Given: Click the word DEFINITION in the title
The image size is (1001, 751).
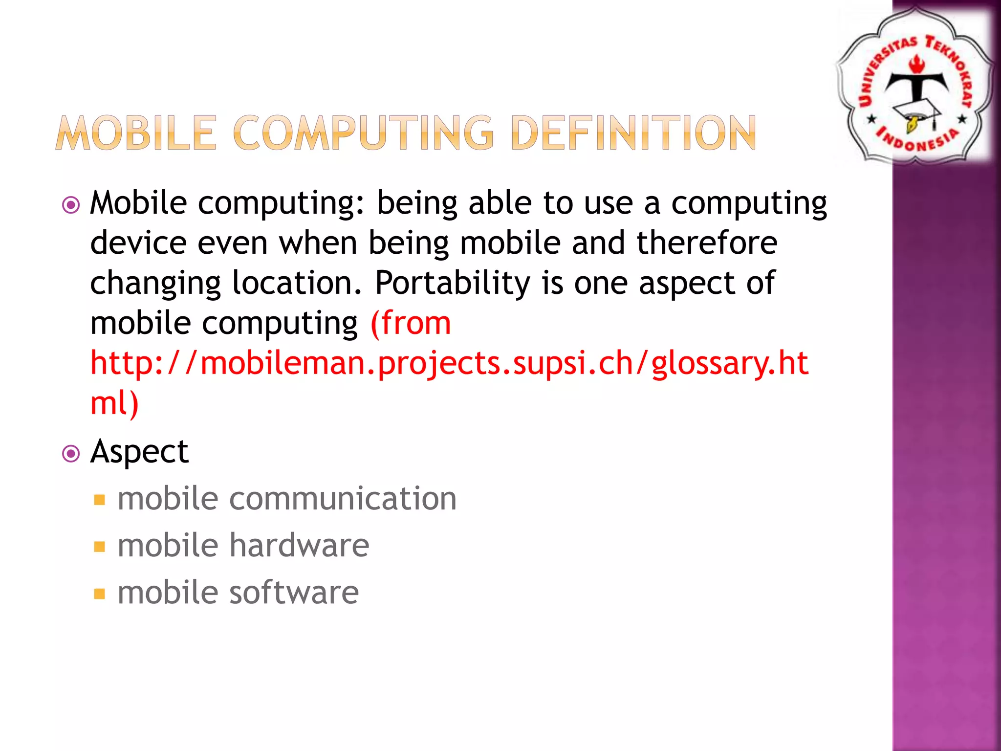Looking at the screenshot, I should (x=634, y=133).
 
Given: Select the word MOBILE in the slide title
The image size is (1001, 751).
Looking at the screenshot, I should (x=136, y=133).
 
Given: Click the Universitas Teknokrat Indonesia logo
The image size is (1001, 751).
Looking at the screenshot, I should (x=914, y=86).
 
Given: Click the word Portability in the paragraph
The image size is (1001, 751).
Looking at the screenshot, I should (x=452, y=283).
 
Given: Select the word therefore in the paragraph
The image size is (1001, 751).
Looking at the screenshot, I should (x=706, y=243).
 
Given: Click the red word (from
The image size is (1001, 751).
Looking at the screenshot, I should (x=411, y=323).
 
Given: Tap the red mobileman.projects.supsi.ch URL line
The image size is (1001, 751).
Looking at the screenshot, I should (x=449, y=364).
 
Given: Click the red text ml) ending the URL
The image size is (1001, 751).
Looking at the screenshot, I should (x=114, y=403).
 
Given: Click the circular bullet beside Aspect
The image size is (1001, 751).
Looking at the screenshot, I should (x=71, y=454).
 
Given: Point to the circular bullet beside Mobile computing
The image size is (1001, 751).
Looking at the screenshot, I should (x=71, y=205).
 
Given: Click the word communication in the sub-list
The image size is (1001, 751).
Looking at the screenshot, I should (x=343, y=499).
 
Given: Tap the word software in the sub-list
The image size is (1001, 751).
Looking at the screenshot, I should (x=294, y=593).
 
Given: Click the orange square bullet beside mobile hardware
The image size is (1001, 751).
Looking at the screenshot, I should (x=100, y=547).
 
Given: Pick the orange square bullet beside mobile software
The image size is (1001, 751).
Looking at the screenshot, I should (x=100, y=594).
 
